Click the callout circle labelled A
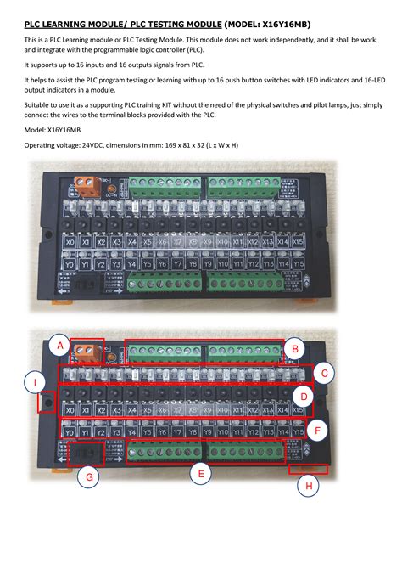tap(59, 346)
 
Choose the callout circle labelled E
tap(200, 474)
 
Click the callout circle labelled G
tap(89, 478)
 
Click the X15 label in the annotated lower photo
tap(297, 410)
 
